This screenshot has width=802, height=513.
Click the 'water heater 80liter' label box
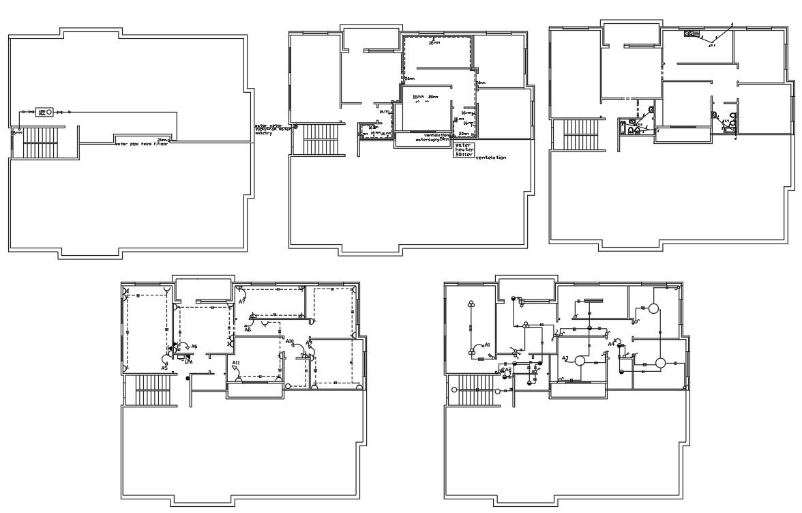coord(464,150)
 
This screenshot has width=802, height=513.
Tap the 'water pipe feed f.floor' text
coord(142,144)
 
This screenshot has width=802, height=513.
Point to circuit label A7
coord(241,302)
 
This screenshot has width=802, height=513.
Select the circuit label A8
coord(248,329)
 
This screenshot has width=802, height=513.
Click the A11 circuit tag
coord(236,362)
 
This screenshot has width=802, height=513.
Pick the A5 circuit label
coord(164,368)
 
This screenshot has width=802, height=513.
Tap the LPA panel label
coord(189,362)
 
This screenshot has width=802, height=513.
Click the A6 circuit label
coord(194,347)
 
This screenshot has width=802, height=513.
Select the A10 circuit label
coord(290,341)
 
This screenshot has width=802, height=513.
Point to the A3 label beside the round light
coord(565,358)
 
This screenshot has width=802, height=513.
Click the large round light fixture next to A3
coord(580,361)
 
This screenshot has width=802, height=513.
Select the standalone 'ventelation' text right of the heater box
coord(490,158)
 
